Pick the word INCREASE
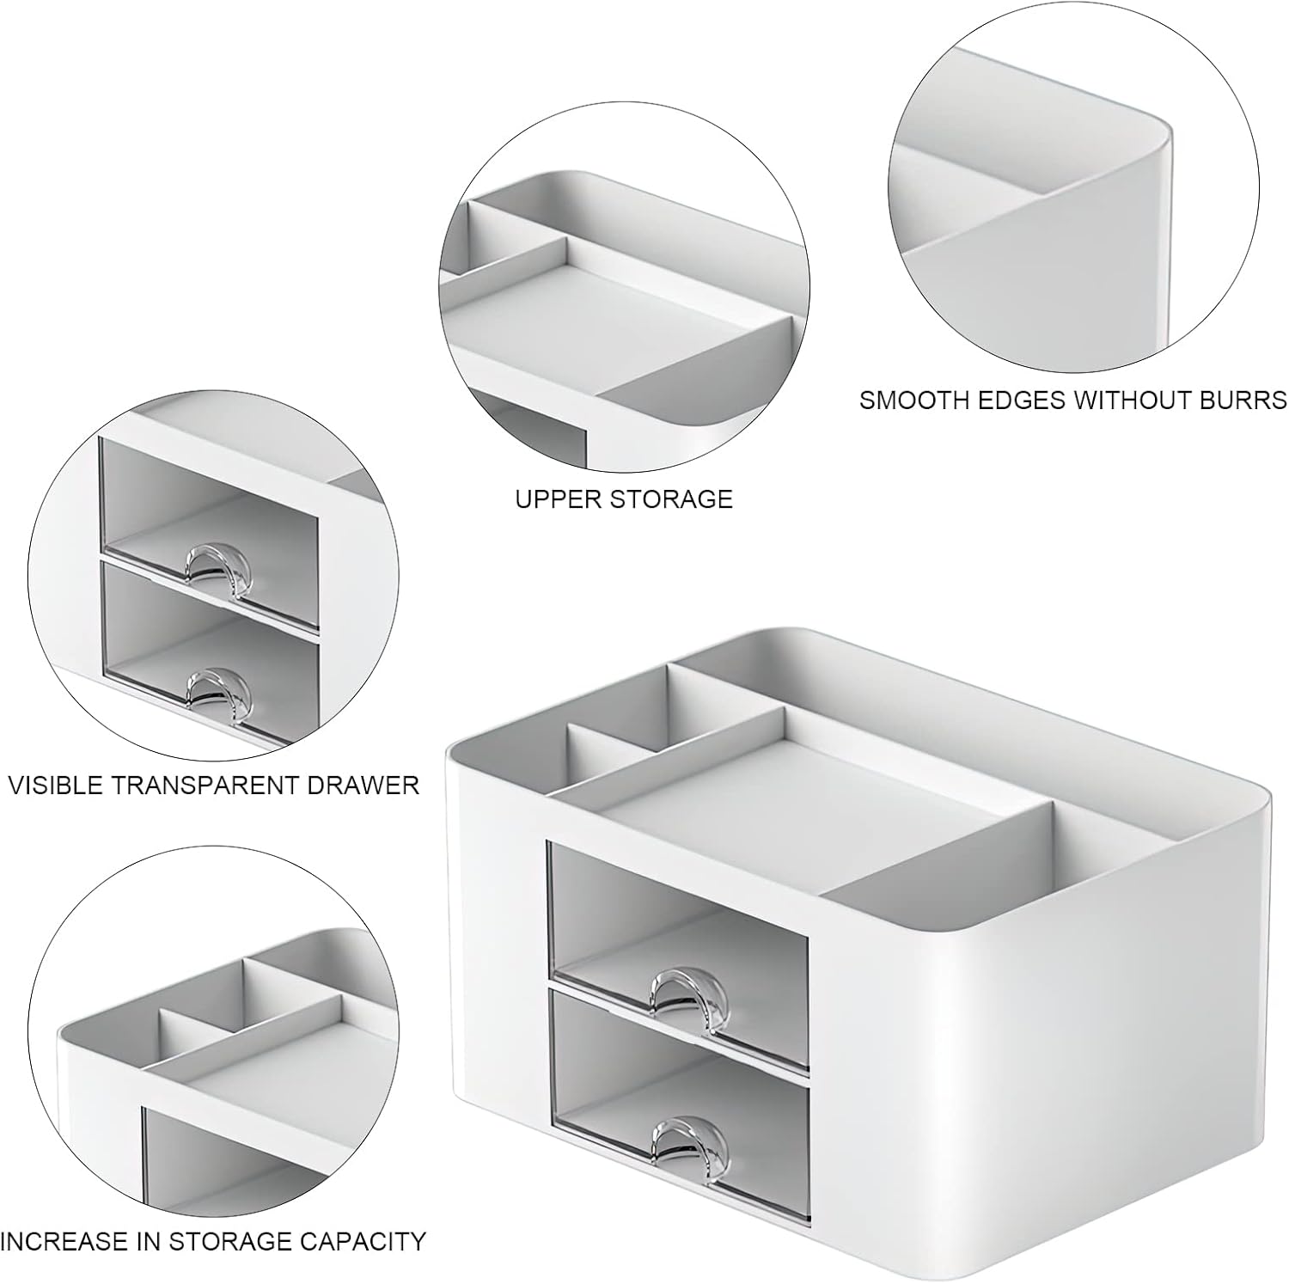62,1241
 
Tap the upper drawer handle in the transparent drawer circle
217,562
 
